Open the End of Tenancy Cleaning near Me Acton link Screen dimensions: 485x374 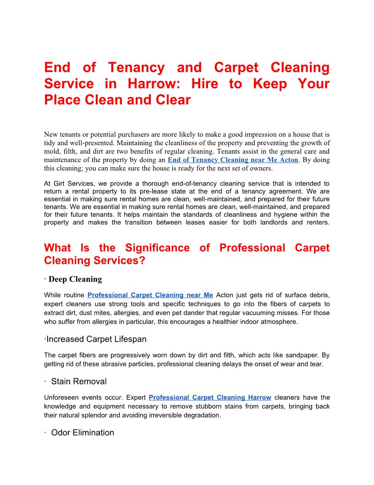pyautogui.click(x=233, y=160)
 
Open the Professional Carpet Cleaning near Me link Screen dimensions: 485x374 pyautogui.click(x=150, y=295)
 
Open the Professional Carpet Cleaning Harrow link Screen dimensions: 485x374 pyautogui.click(x=210, y=397)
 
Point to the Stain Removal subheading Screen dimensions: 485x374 pyautogui.click(x=79, y=382)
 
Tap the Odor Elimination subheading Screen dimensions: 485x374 pyautogui.click(x=82, y=433)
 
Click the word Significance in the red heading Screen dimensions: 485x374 pyautogui.click(x=156, y=248)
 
